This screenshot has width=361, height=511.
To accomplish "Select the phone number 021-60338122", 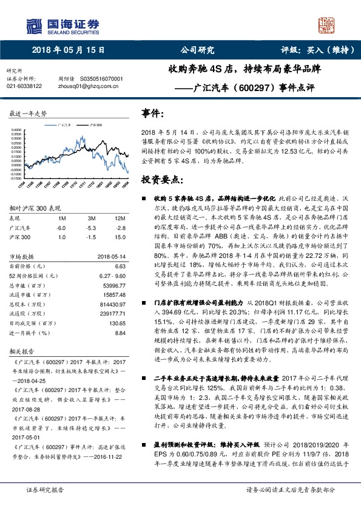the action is coord(24,86).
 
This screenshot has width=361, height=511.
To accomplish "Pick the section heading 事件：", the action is coord(154,113).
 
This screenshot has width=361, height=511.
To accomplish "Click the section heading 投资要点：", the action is coord(163,179).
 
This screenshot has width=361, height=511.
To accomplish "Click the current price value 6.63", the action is coord(120,266).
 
